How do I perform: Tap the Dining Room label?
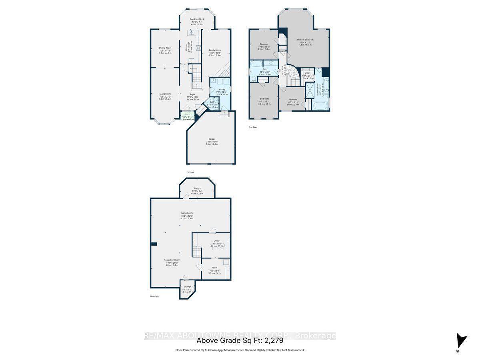(x=165, y=48)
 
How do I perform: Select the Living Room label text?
(x=165, y=94)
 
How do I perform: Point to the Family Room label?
(x=215, y=50)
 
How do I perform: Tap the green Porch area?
(x=187, y=116)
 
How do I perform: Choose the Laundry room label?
(x=221, y=90)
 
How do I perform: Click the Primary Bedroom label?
(x=305, y=40)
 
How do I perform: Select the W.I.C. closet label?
(x=308, y=73)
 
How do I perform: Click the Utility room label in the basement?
(x=216, y=241)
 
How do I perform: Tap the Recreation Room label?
(x=172, y=260)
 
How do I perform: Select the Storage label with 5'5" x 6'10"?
(x=188, y=287)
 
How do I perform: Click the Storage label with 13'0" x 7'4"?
(x=197, y=188)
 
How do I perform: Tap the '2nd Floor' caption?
(x=253, y=127)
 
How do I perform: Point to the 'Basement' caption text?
(x=155, y=296)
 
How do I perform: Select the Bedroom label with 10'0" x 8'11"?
(x=293, y=100)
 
